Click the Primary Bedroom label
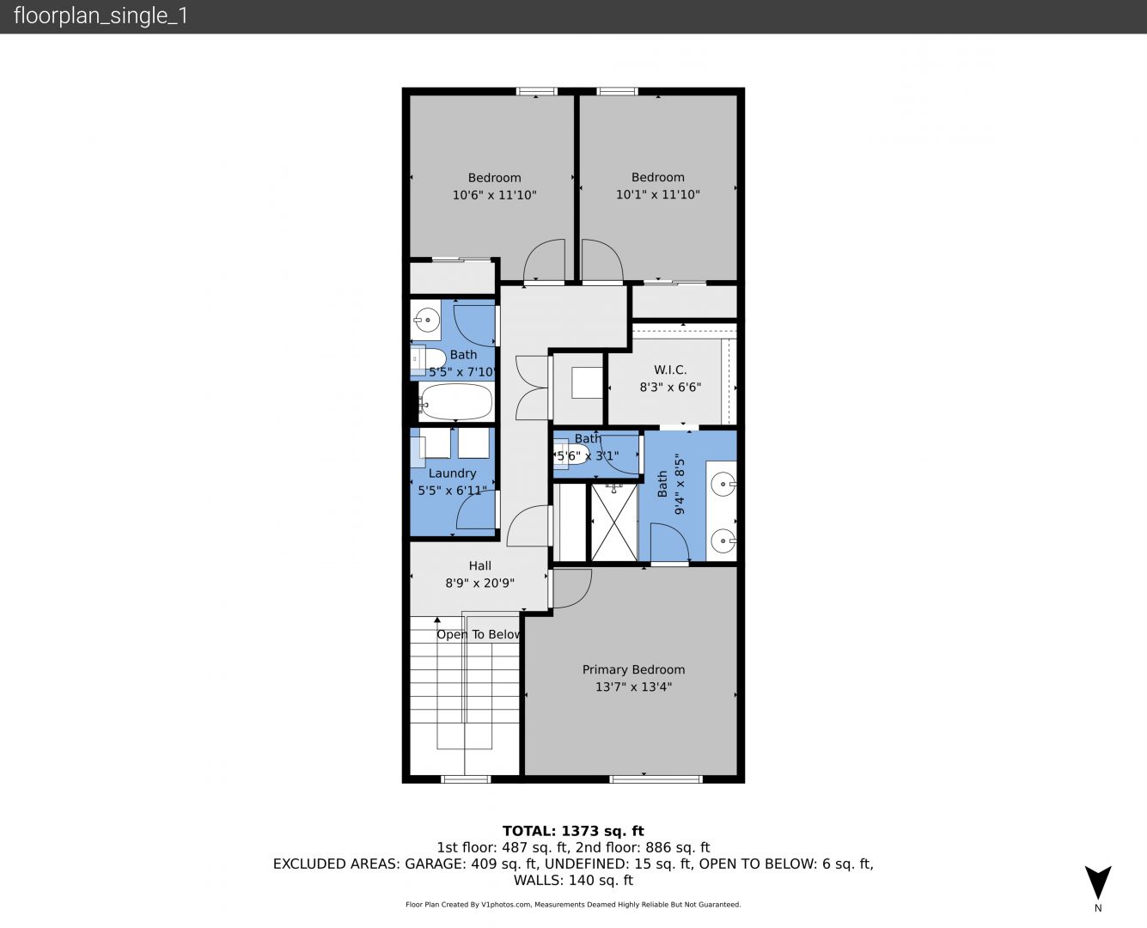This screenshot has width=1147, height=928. coord(633,669)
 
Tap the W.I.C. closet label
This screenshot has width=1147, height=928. coord(670,370)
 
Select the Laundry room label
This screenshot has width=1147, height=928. coord(452,473)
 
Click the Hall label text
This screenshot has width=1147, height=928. coord(479,565)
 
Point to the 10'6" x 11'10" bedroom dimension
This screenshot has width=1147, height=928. coord(494,195)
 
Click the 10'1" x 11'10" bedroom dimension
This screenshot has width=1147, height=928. coord(657,194)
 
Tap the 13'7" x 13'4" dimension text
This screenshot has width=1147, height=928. coord(633,687)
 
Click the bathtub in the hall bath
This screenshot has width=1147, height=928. coord(455,402)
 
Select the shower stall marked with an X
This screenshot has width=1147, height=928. coord(614,522)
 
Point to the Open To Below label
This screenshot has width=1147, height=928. coord(479,634)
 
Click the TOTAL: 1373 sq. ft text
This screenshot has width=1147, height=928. coord(573,831)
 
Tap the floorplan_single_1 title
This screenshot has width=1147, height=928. coord(101,16)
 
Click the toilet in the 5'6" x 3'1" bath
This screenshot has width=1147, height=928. coord(570,456)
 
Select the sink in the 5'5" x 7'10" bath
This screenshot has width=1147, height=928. coord(426,320)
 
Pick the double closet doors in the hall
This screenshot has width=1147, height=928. coord(532,388)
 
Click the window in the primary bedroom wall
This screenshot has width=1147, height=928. coord(656,779)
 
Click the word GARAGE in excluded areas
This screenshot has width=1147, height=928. coord(435,864)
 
